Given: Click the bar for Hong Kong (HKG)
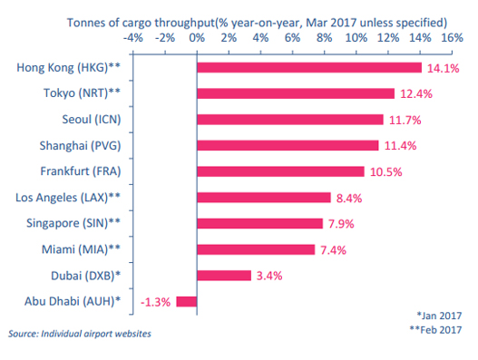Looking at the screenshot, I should click(308, 68).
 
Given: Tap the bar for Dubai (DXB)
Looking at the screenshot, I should click(223, 276).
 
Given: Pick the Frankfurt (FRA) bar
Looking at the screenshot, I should click(280, 171).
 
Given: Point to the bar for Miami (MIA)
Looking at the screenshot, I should click(256, 249).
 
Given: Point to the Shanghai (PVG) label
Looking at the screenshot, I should click(89, 146).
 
